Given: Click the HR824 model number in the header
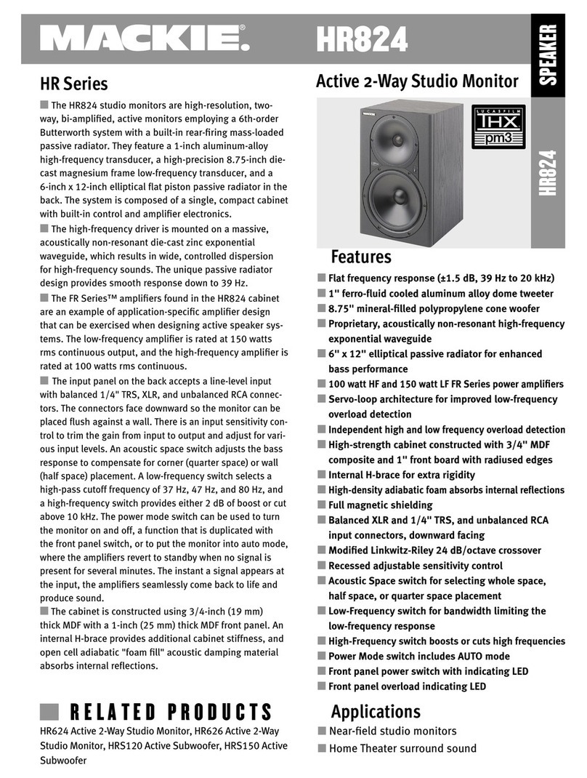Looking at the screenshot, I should coord(360,39).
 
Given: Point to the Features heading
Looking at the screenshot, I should coord(361,257).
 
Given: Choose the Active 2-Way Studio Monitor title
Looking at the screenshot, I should coord(417,81).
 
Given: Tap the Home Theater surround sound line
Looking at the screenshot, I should coord(402,748).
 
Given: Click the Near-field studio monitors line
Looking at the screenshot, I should coord(392,731).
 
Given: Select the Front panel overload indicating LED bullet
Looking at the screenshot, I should coord(407,686).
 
